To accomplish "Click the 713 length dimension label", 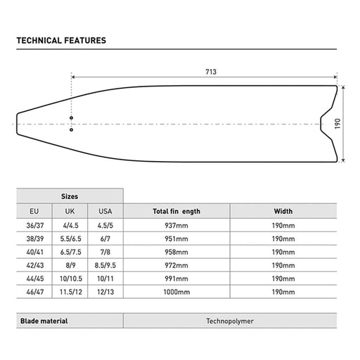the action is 211,72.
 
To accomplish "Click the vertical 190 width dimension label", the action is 337,124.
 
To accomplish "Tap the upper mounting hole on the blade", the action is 71,118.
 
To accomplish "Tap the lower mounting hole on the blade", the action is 71,129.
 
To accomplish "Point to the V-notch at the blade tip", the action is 321,124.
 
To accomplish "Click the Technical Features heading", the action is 61,41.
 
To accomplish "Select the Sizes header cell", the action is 70,196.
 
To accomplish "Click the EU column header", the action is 34,211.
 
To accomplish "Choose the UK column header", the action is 70,211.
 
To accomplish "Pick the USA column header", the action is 105,211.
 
